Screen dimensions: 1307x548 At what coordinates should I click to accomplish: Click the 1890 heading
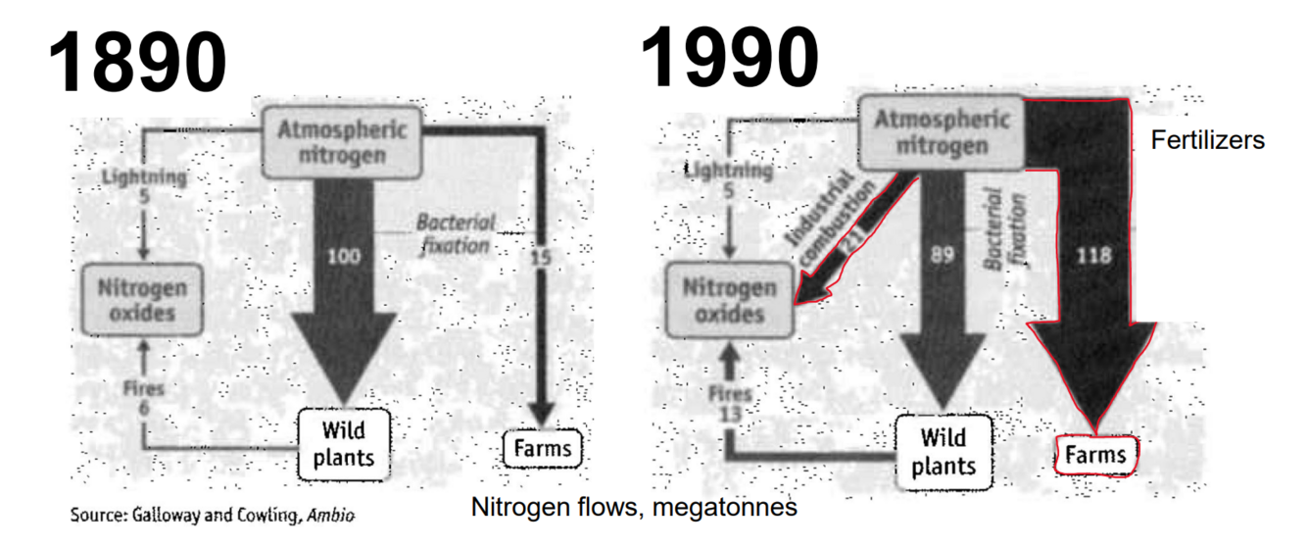[x=137, y=62]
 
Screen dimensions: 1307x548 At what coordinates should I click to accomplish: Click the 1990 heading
[x=729, y=57]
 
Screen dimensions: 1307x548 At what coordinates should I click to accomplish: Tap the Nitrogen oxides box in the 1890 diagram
[x=141, y=301]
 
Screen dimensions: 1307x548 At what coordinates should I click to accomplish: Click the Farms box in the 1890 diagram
[x=542, y=450]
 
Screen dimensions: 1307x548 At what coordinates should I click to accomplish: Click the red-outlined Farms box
[x=1096, y=455]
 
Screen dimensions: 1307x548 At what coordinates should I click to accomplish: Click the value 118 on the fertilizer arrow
[x=1092, y=257]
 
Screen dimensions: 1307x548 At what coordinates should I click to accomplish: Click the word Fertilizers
[x=1207, y=140]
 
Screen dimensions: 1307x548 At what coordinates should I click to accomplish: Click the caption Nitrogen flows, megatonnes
[x=634, y=508]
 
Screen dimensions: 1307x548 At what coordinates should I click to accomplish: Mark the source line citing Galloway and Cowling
[x=212, y=515]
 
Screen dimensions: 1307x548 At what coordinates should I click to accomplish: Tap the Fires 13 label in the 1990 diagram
[x=732, y=402]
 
